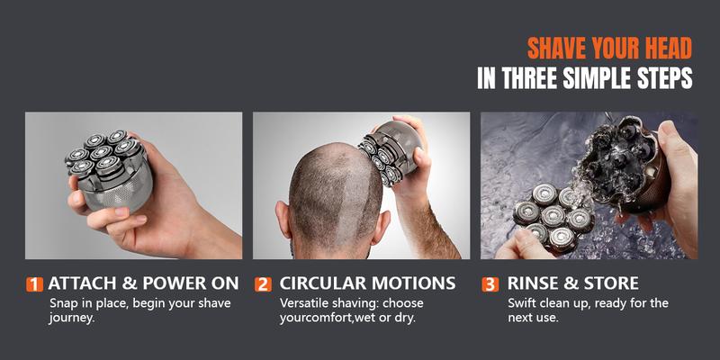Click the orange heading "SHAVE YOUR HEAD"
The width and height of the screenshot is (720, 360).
pyautogui.click(x=609, y=47)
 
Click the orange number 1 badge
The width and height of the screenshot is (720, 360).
pyautogui.click(x=34, y=284)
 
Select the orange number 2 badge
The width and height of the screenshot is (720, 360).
pyautogui.click(x=263, y=284)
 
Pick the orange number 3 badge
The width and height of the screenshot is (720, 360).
pyautogui.click(x=490, y=284)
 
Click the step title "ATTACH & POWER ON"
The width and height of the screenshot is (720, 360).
pyautogui.click(x=143, y=283)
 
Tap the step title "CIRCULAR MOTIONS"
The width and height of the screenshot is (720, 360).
pyautogui.click(x=367, y=283)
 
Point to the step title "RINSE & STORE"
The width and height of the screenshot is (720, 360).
pyautogui.click(x=572, y=283)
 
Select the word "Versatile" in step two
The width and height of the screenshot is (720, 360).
pyautogui.click(x=305, y=302)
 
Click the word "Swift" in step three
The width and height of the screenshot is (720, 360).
pyautogui.click(x=524, y=302)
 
